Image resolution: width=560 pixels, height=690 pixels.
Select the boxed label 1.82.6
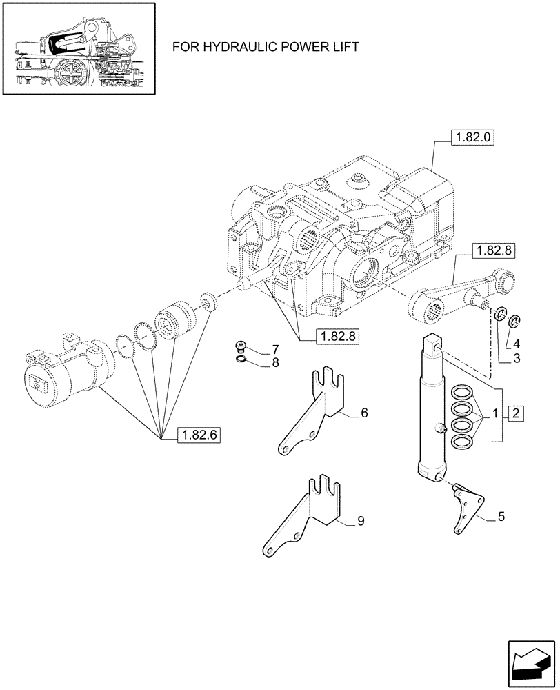[x=199, y=436]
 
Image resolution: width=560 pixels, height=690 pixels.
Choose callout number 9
[x=361, y=522]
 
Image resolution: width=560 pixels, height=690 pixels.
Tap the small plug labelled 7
[x=241, y=345]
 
